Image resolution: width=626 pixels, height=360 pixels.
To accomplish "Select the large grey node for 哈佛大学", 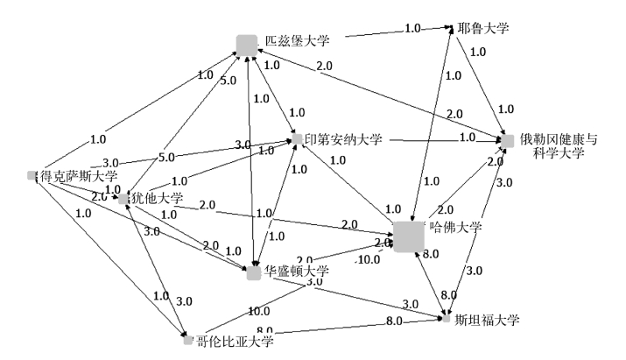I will click(409, 236).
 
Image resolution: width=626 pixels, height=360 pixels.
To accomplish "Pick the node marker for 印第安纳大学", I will click(297, 138).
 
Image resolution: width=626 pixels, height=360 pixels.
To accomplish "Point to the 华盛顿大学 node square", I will click(254, 273).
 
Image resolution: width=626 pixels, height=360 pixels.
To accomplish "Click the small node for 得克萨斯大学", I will click(32, 175).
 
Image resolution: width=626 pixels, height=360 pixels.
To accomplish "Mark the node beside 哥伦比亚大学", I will click(187, 339).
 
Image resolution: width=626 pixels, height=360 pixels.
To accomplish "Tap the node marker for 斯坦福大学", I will click(447, 318).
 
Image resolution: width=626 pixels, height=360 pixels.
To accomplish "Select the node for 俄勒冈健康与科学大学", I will click(506, 140).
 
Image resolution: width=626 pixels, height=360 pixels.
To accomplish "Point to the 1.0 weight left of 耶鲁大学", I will click(412, 29).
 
